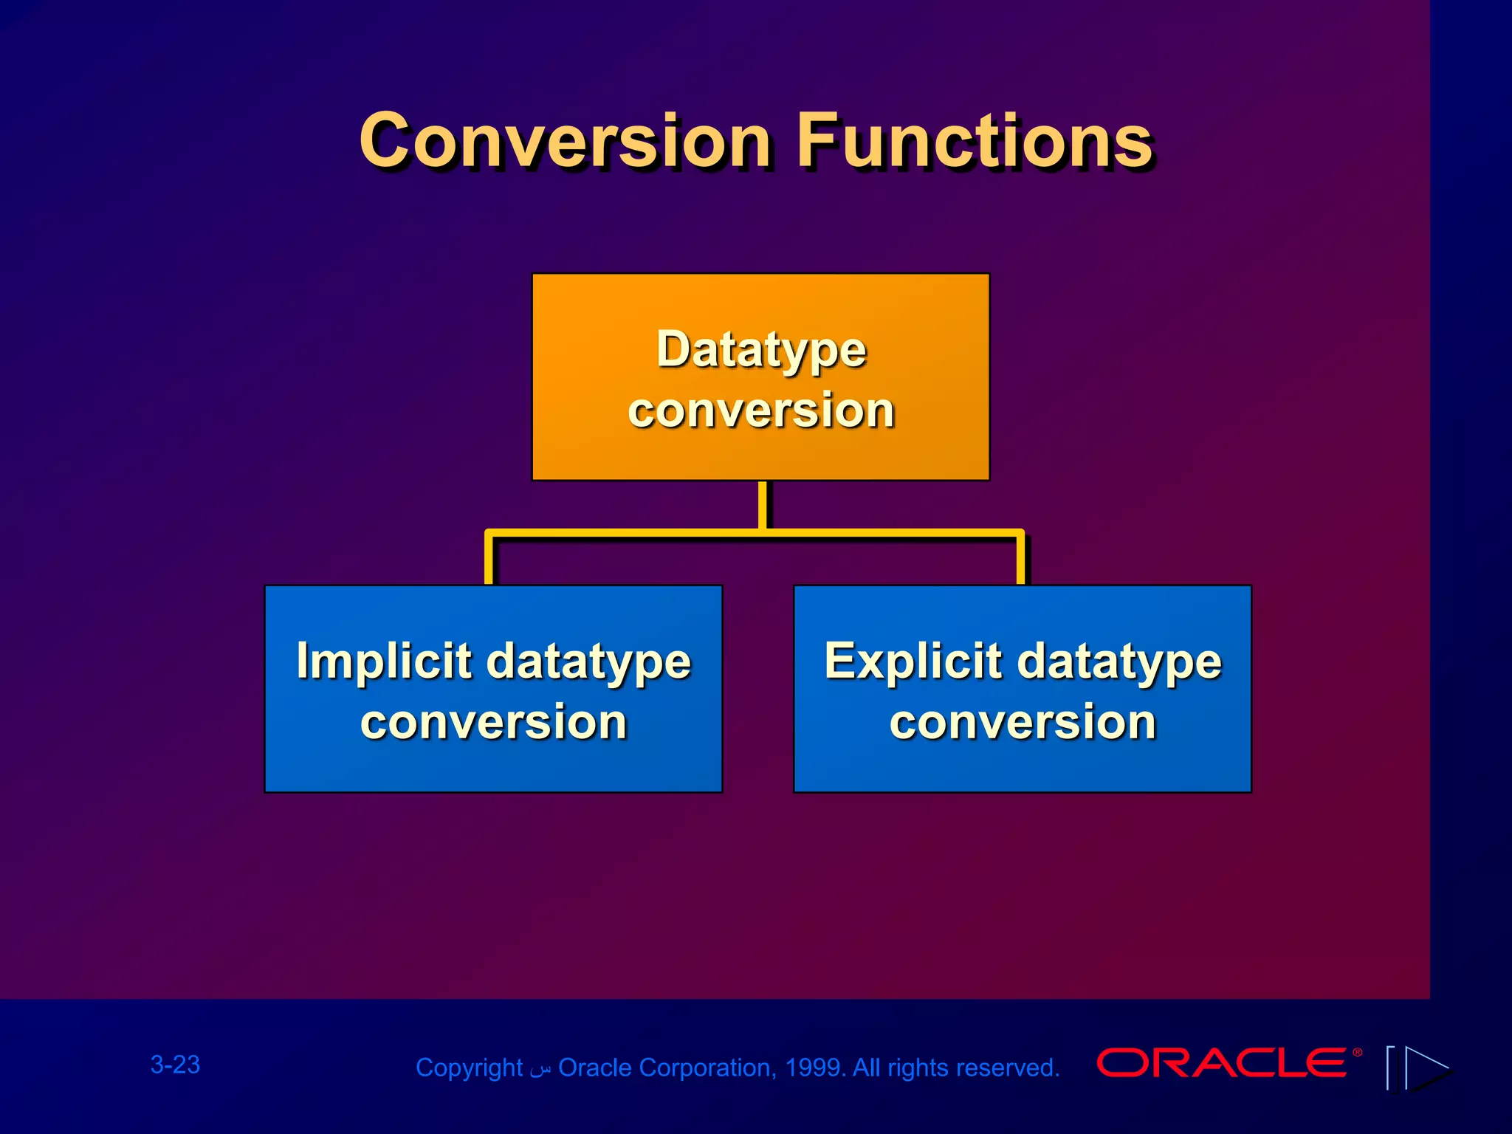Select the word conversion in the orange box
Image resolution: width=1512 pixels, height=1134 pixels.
[x=761, y=410]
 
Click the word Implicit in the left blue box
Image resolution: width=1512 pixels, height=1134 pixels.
[x=383, y=661]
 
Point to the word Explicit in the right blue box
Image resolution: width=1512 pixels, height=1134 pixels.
[x=913, y=661]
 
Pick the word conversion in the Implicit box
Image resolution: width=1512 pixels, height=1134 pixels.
[x=493, y=722]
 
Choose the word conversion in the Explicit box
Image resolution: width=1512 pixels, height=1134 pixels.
[x=1023, y=722]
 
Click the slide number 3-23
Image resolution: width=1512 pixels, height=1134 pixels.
[x=175, y=1065]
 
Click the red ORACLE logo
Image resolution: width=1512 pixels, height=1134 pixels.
[x=1222, y=1063]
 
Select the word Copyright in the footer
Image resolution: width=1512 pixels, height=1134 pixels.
[x=469, y=1068]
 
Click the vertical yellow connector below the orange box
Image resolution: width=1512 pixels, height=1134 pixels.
[x=762, y=505]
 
